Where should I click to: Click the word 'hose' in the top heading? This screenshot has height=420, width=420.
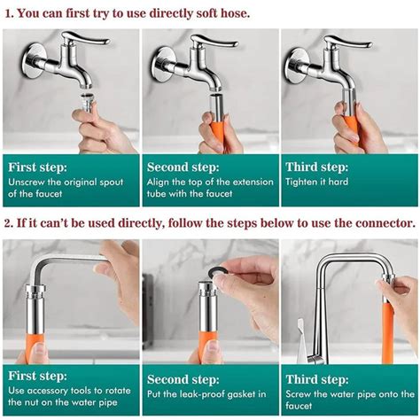point(232,14)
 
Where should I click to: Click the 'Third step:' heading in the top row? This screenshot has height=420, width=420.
point(316,166)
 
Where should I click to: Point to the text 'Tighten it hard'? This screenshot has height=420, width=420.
point(316,183)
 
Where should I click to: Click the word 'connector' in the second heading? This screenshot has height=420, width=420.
point(379,222)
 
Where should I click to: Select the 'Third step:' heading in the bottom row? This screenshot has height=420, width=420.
point(316,378)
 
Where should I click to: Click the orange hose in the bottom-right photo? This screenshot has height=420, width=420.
point(387,328)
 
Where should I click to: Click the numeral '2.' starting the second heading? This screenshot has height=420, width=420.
point(8,222)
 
